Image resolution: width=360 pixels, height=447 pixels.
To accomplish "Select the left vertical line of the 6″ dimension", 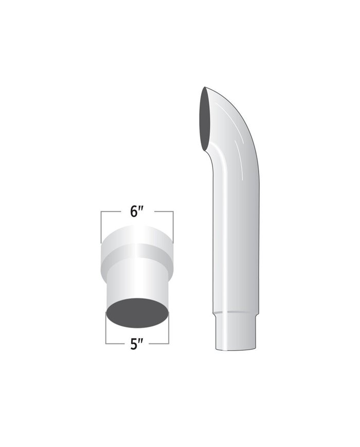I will (x=102, y=226).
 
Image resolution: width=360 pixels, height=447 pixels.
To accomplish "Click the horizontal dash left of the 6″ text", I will (x=113, y=211).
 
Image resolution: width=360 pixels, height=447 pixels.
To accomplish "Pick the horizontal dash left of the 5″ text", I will (x=115, y=343).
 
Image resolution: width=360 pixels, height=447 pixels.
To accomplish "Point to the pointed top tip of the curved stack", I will (x=204, y=88).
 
